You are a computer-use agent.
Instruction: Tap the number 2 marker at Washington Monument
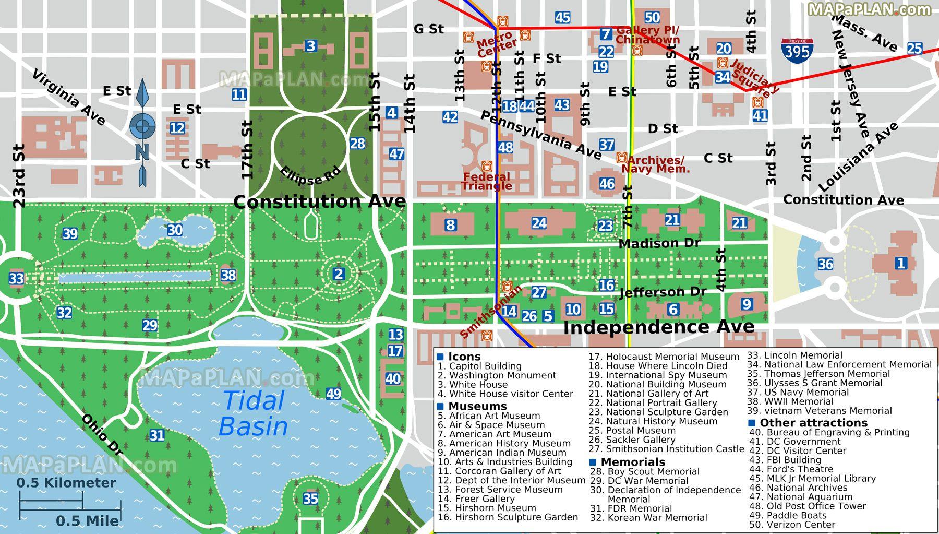pyautogui.click(x=339, y=274)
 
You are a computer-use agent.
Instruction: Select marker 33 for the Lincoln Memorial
pyautogui.click(x=16, y=278)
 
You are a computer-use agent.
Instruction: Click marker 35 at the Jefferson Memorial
pyautogui.click(x=310, y=499)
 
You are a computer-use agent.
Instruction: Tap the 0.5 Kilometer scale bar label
pyautogui.click(x=66, y=483)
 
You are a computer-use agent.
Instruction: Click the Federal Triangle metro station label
pyautogui.click(x=486, y=181)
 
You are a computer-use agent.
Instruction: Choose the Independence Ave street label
pyautogui.click(x=659, y=327)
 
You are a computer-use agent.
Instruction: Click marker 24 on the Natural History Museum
pyautogui.click(x=539, y=223)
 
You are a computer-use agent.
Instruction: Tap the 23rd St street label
pyautogui.click(x=19, y=176)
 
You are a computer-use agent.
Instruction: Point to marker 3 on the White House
pyautogui.click(x=311, y=46)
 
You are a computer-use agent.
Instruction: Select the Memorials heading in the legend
pyautogui.click(x=632, y=462)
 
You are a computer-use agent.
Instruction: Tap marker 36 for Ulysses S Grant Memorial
pyautogui.click(x=825, y=264)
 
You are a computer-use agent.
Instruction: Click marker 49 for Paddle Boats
pyautogui.click(x=333, y=394)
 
